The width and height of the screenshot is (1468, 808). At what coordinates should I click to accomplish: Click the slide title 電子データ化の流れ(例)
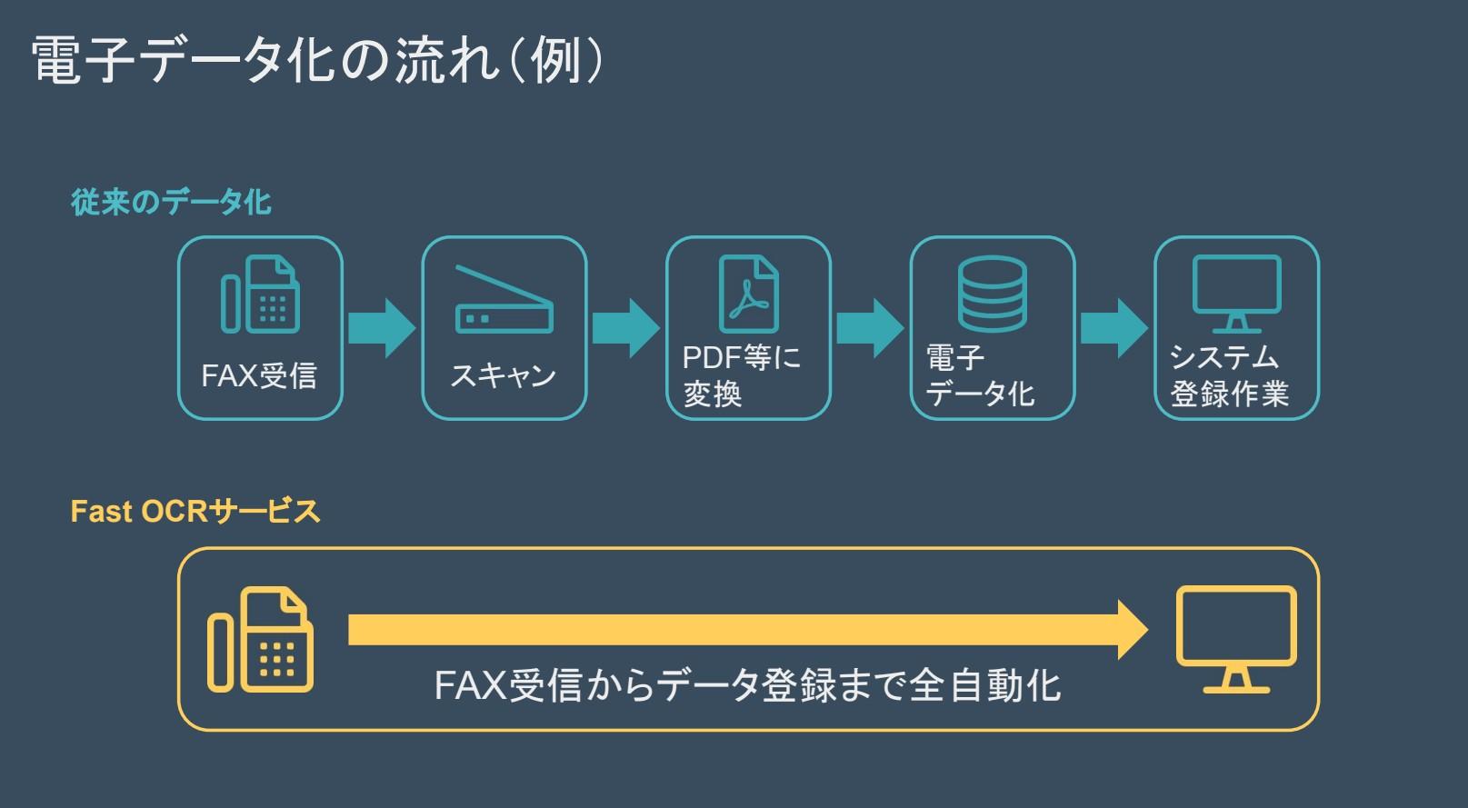(x=317, y=62)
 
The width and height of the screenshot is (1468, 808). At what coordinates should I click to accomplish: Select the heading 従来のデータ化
(x=171, y=202)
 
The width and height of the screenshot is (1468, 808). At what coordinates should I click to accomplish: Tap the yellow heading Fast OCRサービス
(x=195, y=512)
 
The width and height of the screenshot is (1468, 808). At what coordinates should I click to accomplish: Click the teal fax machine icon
(x=260, y=294)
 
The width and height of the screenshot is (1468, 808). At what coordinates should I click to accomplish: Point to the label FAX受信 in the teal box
(x=259, y=375)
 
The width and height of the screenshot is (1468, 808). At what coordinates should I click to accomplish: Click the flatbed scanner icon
(x=504, y=301)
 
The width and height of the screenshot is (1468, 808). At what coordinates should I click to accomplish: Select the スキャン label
(x=503, y=375)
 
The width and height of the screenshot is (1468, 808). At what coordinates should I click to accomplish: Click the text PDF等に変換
(x=741, y=375)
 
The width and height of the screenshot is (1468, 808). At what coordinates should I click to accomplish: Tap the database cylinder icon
(x=993, y=294)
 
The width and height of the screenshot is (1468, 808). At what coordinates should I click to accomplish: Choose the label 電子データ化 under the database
(x=979, y=375)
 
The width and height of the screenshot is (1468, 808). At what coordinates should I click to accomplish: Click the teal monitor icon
(x=1236, y=294)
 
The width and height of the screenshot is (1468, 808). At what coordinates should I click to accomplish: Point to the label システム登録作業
(x=1228, y=375)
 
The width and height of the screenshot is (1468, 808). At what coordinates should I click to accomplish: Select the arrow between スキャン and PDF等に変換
(x=625, y=328)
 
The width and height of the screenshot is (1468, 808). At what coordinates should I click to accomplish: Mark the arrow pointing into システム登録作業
(x=1113, y=328)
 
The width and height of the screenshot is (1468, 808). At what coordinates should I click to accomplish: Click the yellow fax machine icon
(x=261, y=640)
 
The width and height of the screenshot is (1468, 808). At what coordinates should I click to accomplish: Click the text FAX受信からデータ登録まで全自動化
(x=747, y=685)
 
